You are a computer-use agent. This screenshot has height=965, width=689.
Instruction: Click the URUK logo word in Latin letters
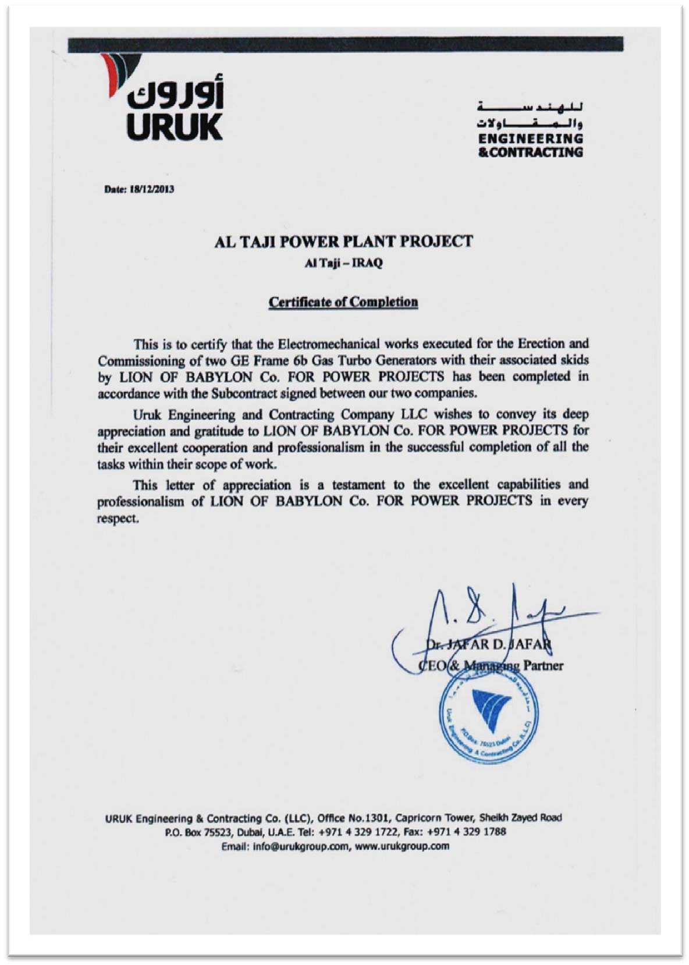coord(175,125)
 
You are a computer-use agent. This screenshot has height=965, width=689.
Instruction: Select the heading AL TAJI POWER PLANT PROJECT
coord(343,242)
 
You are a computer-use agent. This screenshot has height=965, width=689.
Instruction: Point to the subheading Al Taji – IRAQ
coord(343,263)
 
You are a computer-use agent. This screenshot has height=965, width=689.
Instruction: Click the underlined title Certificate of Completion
coord(343,302)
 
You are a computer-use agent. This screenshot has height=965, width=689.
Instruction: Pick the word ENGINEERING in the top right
coord(530,139)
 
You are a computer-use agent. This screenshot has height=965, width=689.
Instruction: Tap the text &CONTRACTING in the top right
coord(530,152)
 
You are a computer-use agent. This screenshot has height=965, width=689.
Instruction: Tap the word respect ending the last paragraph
coord(118,518)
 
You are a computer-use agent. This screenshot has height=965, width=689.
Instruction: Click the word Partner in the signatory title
coord(543,665)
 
